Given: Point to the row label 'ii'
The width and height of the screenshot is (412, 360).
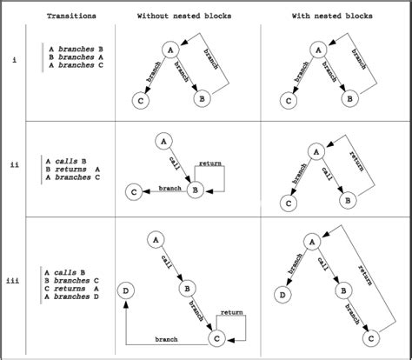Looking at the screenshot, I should pyautogui.click(x=14, y=163).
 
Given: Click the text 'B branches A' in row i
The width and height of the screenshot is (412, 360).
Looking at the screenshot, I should pyautogui.click(x=73, y=57).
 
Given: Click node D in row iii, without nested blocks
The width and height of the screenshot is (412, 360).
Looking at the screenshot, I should pyautogui.click(x=127, y=290).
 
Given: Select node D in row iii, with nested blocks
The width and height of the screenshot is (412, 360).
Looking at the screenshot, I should pyautogui.click(x=283, y=297).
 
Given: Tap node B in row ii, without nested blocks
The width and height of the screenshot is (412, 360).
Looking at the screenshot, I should pyautogui.click(x=196, y=190).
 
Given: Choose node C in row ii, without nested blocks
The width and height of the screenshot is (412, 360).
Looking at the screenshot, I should pyautogui.click(x=134, y=190).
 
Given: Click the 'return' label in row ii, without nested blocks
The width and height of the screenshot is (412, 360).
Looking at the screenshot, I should pyautogui.click(x=209, y=163).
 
